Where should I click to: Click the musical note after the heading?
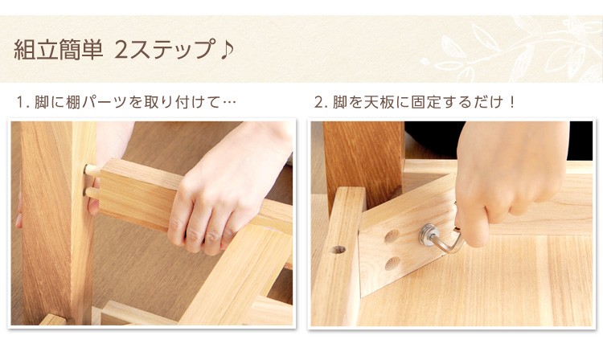[x=227, y=50]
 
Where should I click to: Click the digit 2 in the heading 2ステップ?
[x=121, y=50]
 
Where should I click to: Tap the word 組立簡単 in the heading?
[x=58, y=50]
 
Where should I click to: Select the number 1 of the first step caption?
[x=20, y=103]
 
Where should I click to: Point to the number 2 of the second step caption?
[x=319, y=103]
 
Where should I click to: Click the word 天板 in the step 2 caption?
[x=379, y=102]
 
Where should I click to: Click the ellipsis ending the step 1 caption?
[x=229, y=103]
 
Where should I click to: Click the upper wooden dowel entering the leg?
[x=92, y=170]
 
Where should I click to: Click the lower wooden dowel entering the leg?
[x=92, y=193]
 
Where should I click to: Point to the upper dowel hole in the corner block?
[x=392, y=236]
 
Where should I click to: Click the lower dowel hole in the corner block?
[x=392, y=264]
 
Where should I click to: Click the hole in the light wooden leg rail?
[x=338, y=250]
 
